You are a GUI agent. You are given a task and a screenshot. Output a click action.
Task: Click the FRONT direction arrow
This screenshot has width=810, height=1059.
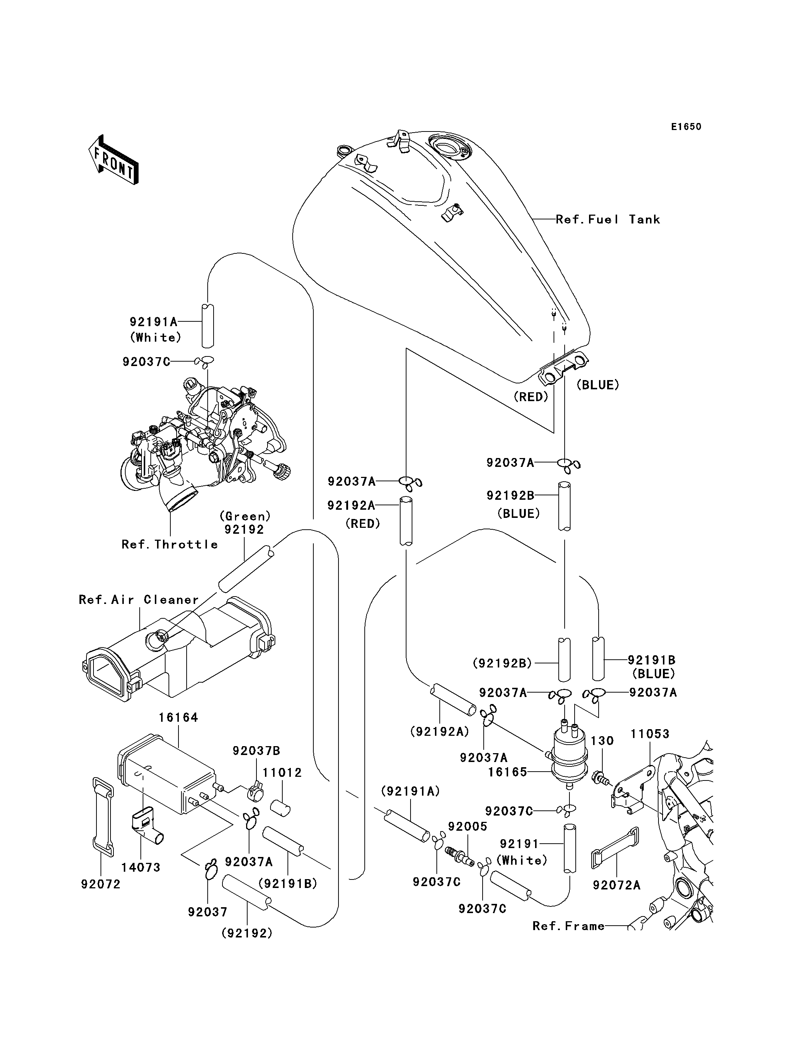[113, 160]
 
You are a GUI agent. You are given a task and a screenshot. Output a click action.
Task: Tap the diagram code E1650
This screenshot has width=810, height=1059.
[686, 127]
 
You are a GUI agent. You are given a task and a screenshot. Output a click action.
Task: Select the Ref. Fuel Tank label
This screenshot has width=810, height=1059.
[608, 219]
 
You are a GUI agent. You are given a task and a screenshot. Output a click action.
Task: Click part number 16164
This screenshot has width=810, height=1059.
[178, 718]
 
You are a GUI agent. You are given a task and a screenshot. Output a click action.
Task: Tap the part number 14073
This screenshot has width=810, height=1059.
[141, 868]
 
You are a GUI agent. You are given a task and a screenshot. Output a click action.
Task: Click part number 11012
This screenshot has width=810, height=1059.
[282, 773]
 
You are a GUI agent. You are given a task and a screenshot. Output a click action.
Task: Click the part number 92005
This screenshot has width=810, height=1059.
[468, 827]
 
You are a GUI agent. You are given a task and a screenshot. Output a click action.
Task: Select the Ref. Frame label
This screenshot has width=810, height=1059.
[568, 926]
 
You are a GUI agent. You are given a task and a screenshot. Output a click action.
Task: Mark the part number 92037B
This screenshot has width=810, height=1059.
[256, 751]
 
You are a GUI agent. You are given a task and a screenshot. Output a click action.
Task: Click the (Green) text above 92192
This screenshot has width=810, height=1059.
[245, 516]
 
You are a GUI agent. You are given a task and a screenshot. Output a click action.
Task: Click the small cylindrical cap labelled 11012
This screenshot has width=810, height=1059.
[280, 807]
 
